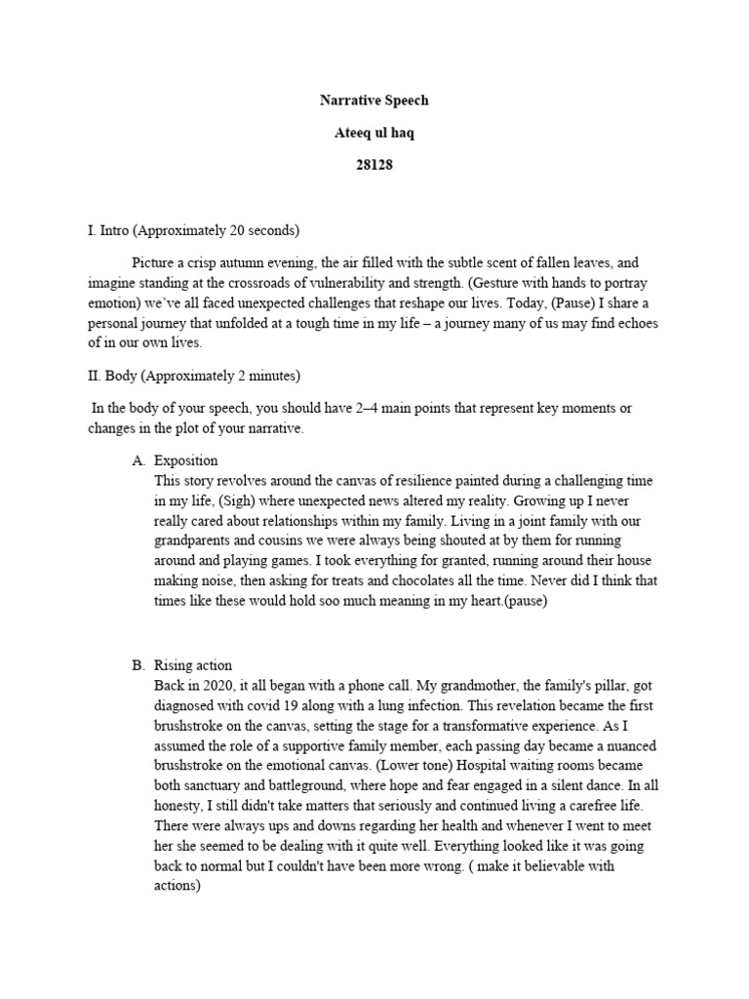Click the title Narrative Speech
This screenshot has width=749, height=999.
(x=374, y=100)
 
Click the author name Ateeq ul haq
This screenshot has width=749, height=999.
(x=374, y=133)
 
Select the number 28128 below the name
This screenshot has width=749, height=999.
(x=374, y=165)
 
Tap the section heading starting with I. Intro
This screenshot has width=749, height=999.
(x=194, y=231)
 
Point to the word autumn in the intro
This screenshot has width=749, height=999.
(x=249, y=263)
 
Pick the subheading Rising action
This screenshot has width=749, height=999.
(x=193, y=665)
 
